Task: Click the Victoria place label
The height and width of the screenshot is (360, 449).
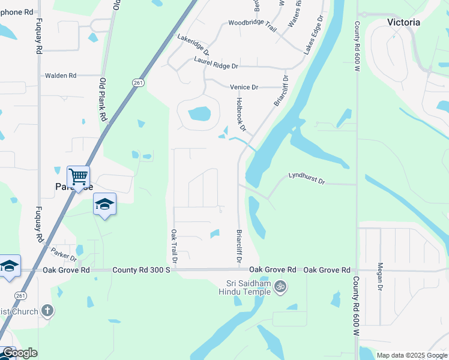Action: click(x=403, y=22)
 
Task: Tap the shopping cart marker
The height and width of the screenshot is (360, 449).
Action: click(x=78, y=177)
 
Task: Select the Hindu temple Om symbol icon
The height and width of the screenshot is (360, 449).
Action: click(x=279, y=287)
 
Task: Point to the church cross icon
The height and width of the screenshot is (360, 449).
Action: click(x=48, y=311)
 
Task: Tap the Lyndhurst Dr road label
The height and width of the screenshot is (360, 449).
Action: click(x=306, y=178)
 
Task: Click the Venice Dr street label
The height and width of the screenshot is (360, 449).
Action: click(x=244, y=87)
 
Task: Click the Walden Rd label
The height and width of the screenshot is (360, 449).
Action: click(x=61, y=76)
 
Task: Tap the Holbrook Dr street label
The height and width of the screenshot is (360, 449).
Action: click(x=241, y=115)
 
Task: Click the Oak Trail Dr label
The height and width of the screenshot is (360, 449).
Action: click(x=174, y=247)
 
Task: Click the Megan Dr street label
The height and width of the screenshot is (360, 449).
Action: click(x=379, y=277)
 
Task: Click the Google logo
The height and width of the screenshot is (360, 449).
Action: click(x=20, y=353)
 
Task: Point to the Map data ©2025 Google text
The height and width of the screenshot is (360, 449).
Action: click(x=411, y=355)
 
